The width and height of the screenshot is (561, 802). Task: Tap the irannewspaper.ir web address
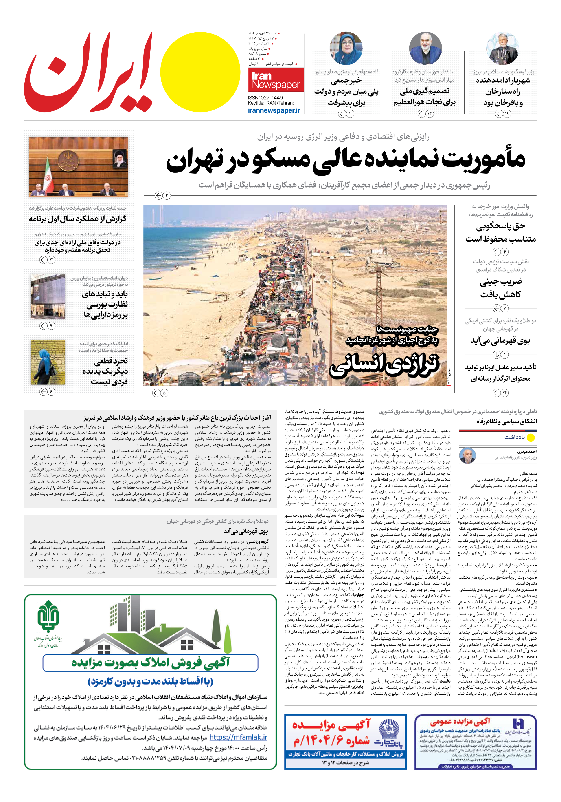[274, 110]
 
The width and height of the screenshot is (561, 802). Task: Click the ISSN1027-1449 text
[265, 98]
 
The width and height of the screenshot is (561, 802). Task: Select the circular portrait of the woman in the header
[346, 48]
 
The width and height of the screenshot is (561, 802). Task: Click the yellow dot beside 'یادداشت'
[531, 437]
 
